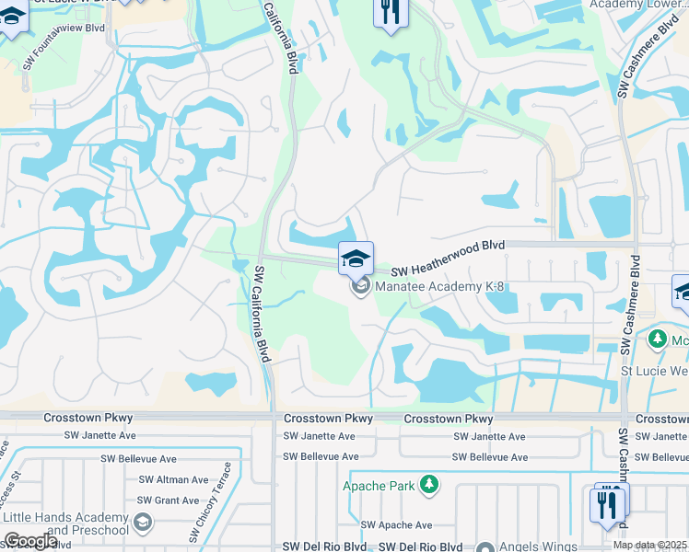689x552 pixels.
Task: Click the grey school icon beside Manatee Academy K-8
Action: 360,288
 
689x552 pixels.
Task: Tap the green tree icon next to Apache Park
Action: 428,484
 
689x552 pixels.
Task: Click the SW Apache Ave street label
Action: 396,525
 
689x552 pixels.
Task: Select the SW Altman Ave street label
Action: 173,479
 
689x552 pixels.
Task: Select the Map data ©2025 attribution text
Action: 649,545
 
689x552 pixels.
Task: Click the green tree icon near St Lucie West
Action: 657,339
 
